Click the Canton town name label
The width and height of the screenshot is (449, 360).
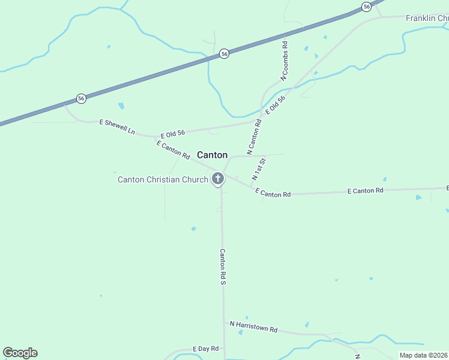(x=212, y=155)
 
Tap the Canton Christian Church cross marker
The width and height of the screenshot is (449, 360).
(x=217, y=178)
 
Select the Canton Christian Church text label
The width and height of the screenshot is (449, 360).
(x=163, y=179)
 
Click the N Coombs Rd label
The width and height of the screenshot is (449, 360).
(x=285, y=61)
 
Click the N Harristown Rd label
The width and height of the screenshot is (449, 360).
(x=254, y=326)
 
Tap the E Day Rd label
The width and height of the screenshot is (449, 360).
(x=203, y=349)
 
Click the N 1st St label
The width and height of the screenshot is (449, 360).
(x=259, y=170)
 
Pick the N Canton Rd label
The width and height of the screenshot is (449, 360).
(x=254, y=136)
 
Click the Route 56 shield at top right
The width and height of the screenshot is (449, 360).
(x=366, y=6)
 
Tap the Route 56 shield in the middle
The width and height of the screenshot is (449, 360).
(x=224, y=53)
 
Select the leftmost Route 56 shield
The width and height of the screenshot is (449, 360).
(x=81, y=98)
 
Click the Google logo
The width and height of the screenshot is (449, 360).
(x=20, y=353)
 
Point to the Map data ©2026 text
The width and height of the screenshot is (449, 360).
(x=424, y=355)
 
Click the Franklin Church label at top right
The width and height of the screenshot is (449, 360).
(x=427, y=19)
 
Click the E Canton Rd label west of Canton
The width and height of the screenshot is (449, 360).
(x=173, y=150)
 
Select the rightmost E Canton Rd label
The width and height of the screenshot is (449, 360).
(x=366, y=191)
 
